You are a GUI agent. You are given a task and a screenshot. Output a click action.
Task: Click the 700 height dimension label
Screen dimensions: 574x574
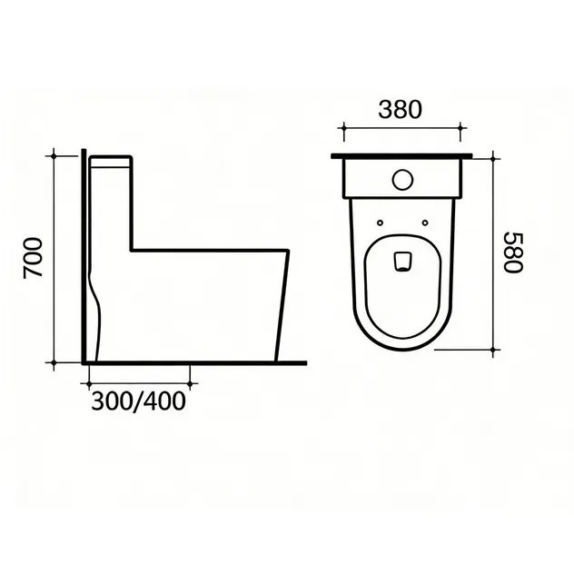(33, 258)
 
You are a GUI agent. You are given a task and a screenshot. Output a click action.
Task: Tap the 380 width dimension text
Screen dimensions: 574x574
(401, 110)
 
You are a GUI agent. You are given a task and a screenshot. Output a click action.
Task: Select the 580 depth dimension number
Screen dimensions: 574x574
(513, 252)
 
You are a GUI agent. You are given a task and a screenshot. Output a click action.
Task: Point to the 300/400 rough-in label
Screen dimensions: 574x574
(138, 401)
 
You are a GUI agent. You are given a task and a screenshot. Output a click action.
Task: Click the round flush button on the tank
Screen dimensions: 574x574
(402, 180)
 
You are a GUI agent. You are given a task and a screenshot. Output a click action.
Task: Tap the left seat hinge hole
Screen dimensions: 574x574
(380, 223)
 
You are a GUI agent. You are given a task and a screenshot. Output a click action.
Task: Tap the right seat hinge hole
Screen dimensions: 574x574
(425, 223)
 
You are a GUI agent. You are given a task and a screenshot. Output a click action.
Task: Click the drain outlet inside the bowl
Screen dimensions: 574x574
(402, 262)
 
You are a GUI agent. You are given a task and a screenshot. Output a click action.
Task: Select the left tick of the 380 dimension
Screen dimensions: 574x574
(343, 128)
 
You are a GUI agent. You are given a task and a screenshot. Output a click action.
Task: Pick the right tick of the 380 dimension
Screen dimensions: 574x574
(460, 128)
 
